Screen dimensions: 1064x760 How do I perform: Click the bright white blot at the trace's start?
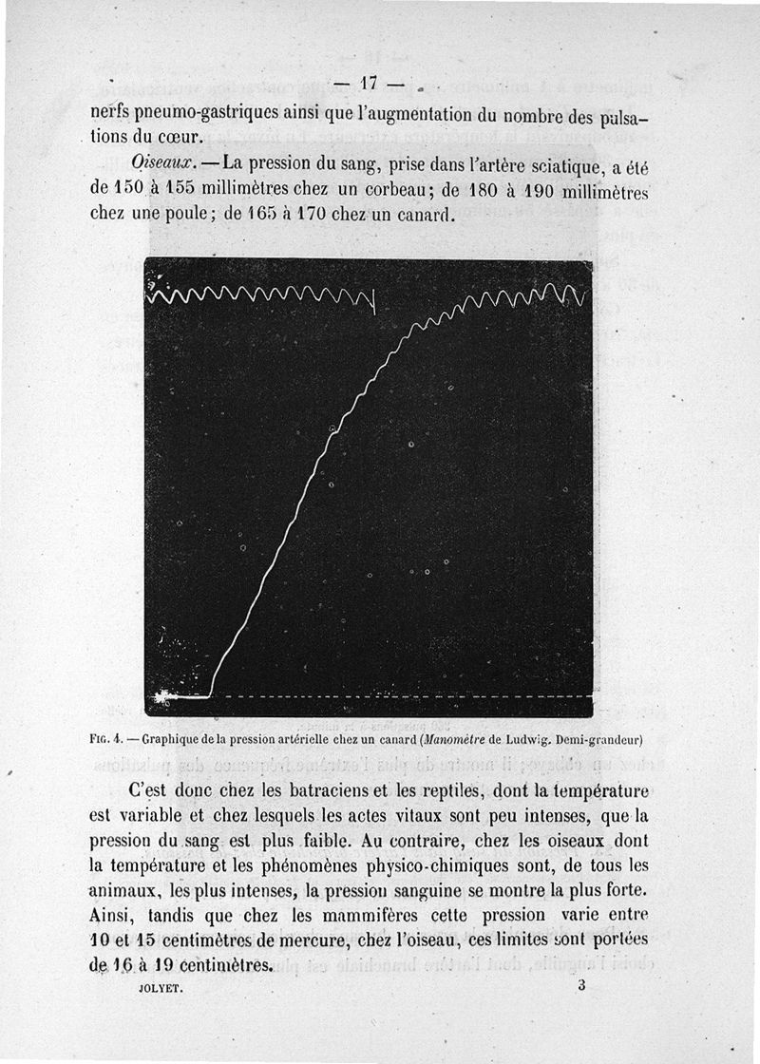[163, 697]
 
